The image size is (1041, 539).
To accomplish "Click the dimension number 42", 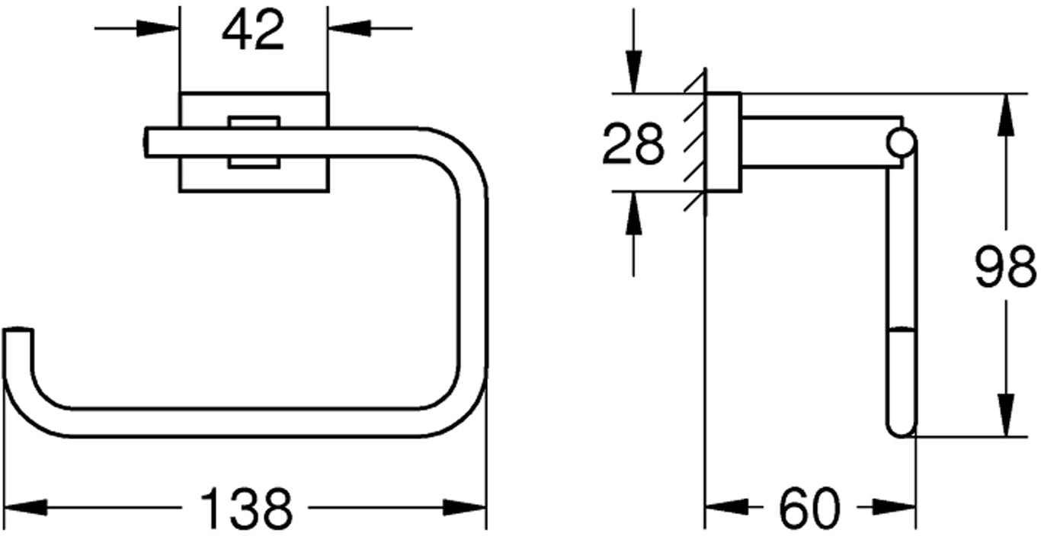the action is click(253, 30).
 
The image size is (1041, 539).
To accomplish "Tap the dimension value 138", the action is click(246, 508).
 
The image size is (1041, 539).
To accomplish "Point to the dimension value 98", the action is click(1005, 267).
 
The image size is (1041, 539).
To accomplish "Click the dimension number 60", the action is click(809, 508).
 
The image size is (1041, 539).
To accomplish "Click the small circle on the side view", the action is click(901, 142).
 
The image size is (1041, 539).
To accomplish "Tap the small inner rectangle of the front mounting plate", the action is click(254, 142).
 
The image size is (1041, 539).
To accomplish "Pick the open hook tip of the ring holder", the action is click(18, 331).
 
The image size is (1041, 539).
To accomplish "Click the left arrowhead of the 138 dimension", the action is click(25, 508).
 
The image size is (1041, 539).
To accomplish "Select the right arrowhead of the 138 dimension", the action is click(465, 508).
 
